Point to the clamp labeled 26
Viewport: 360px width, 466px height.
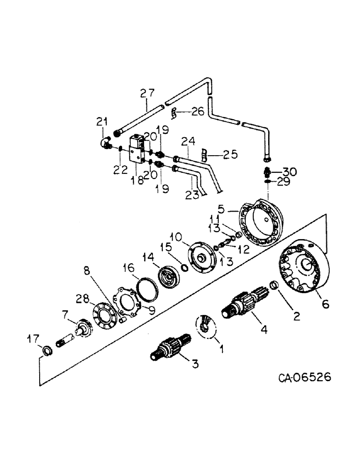click(x=173, y=112)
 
